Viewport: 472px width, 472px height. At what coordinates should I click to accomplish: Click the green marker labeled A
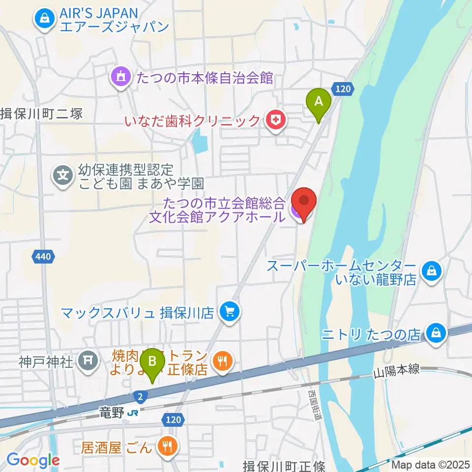click(318, 102)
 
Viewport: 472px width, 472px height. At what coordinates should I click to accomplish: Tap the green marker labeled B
click(152, 363)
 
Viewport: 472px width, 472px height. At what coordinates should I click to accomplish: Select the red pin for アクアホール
click(303, 203)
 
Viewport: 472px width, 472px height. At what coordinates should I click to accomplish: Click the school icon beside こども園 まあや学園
click(63, 175)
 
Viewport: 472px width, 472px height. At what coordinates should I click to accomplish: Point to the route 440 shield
click(42, 256)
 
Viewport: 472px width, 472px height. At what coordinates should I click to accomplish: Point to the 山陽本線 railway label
click(396, 370)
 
